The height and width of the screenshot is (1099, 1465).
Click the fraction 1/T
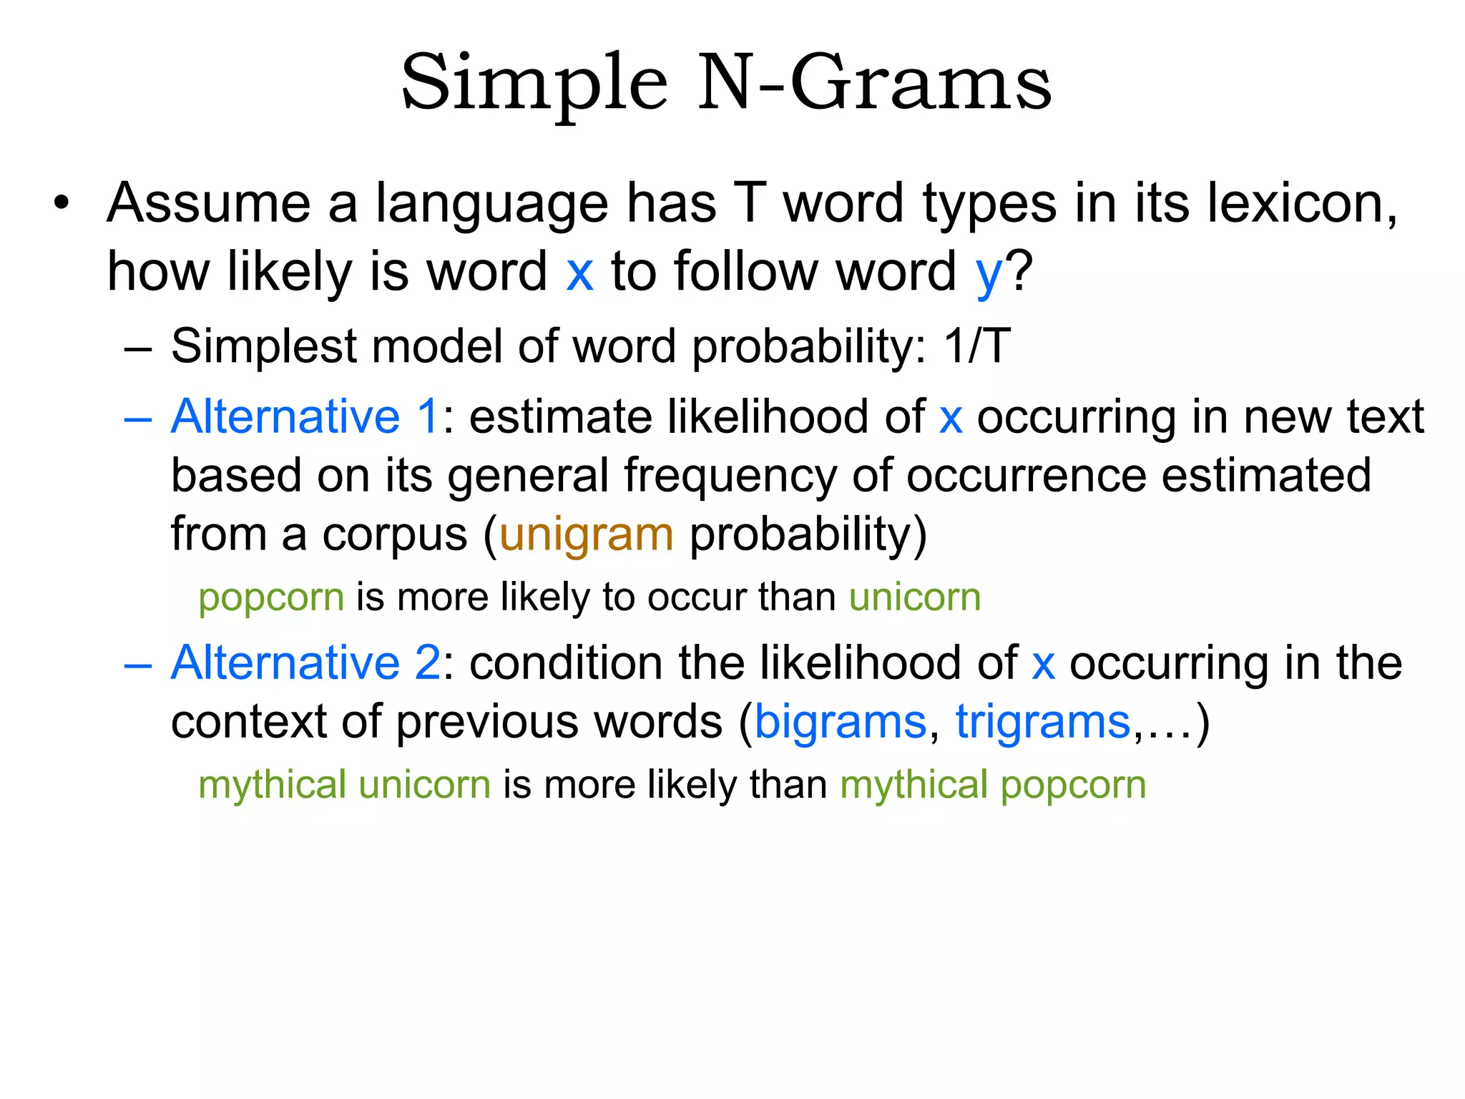pos(977,346)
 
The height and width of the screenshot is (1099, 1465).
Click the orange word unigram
pos(586,535)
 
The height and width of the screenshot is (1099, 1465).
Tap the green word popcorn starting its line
pos(271,597)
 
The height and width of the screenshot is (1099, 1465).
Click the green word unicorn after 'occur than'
pos(914,597)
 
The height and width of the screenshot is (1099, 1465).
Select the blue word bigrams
pos(841,721)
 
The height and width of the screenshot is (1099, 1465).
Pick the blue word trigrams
pos(1042,721)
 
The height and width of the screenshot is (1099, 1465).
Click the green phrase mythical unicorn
pos(344,785)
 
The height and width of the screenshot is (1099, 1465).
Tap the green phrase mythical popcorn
pos(993,785)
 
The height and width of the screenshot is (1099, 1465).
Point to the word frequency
pos(730,477)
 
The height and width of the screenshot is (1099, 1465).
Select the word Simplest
pos(264,346)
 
